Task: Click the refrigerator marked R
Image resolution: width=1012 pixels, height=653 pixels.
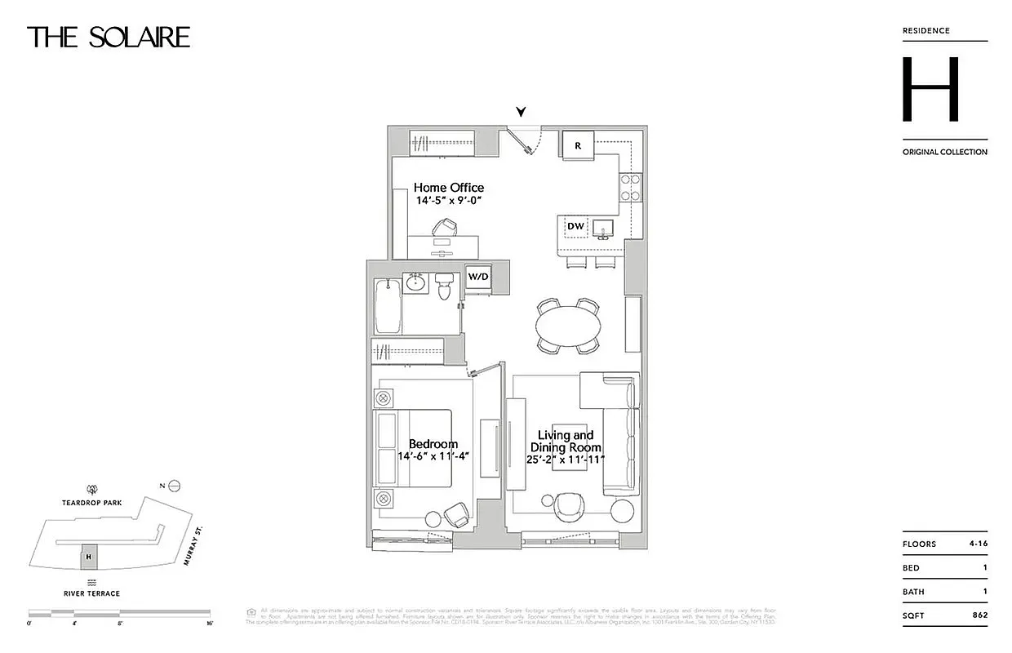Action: click(578, 145)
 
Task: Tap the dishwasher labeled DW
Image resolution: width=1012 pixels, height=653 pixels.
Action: click(575, 226)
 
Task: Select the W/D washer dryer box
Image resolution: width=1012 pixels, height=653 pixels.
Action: click(478, 278)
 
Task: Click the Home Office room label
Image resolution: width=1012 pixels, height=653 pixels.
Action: click(448, 188)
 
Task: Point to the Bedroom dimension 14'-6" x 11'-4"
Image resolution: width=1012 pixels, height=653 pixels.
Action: click(433, 457)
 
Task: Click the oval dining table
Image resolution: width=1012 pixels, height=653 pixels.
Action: click(571, 325)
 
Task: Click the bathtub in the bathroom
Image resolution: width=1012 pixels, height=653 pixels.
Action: click(387, 306)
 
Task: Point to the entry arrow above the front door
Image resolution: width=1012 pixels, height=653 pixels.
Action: click(521, 113)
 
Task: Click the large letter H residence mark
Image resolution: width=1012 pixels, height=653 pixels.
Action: click(930, 90)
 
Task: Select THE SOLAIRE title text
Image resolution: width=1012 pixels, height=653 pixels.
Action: click(109, 38)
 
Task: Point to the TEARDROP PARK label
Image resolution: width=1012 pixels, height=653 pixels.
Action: click(91, 503)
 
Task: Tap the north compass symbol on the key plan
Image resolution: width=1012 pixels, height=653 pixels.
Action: click(174, 486)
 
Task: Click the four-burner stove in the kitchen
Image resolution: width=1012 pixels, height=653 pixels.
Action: click(630, 187)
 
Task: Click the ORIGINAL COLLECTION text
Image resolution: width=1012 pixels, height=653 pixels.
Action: click(944, 152)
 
